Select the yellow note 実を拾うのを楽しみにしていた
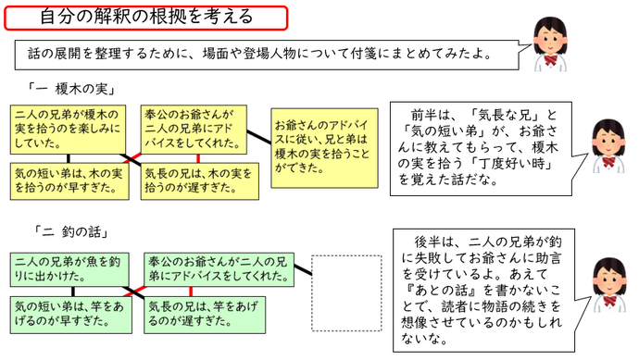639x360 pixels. point(69,128)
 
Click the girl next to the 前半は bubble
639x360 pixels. point(608,146)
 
